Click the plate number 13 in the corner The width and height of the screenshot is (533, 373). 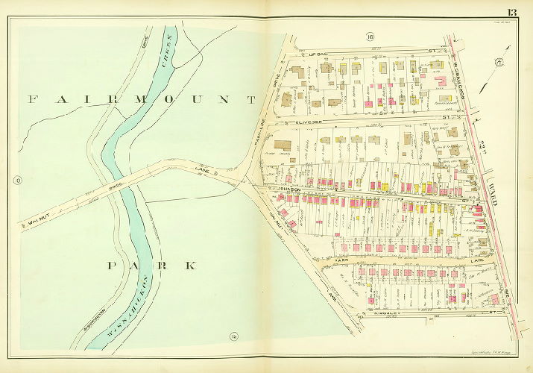513,10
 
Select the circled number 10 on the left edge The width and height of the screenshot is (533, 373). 16,179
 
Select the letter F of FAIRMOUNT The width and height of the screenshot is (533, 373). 31,98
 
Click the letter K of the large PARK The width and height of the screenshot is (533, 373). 192,265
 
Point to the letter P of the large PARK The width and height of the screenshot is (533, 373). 112,265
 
